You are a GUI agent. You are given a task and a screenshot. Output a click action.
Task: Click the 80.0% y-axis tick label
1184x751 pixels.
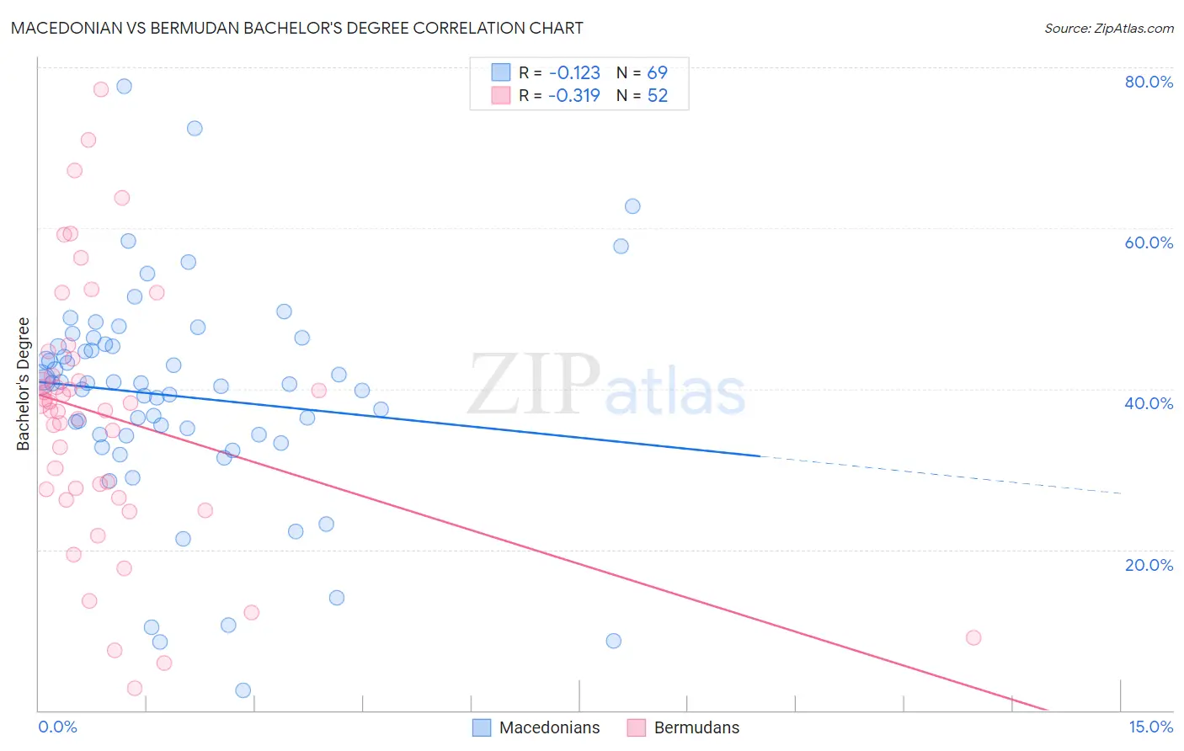coord(1149,82)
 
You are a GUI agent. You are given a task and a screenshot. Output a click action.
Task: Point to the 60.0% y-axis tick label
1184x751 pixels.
coord(1149,242)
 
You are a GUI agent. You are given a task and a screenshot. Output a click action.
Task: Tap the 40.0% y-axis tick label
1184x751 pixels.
coord(1149,403)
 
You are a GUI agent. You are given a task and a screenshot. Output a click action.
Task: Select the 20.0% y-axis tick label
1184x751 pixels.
coord(1149,565)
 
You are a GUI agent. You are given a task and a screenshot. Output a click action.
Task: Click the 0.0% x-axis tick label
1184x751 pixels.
coord(57,727)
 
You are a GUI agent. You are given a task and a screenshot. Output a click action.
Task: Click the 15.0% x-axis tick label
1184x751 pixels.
coord(1150,727)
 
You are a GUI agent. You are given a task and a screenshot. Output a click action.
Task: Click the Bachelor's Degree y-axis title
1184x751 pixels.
coord(24,384)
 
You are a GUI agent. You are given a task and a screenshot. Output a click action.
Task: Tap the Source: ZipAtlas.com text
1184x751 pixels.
coord(1108,29)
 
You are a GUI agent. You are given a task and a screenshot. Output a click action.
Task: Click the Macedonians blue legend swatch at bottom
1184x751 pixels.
coord(482,727)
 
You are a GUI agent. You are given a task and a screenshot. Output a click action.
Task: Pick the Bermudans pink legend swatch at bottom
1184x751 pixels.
coord(636,727)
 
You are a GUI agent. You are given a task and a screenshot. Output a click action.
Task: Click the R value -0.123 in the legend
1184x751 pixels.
coord(574,73)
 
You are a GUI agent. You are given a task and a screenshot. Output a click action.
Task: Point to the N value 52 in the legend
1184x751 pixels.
coord(658,96)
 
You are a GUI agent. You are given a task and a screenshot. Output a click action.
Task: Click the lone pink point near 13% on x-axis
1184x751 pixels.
coord(973,637)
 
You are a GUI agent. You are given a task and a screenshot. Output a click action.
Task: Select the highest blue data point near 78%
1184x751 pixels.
coord(124,86)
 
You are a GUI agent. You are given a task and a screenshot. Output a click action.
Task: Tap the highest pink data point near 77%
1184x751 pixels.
coord(101,89)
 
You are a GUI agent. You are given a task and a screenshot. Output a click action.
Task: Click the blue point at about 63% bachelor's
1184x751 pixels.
coord(632,206)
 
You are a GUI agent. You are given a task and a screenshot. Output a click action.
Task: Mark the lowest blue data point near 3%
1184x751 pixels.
coord(243,690)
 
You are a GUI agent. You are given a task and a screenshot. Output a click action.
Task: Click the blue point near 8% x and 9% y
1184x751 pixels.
coord(614,641)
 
